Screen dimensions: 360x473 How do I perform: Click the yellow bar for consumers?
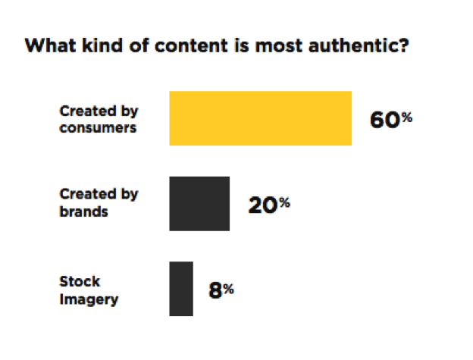click(260, 117)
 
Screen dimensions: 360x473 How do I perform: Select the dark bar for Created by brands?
click(199, 203)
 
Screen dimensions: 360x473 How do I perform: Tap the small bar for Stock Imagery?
click(181, 289)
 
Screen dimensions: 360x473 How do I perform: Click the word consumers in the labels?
click(98, 127)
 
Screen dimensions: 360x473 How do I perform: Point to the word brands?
click(83, 211)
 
